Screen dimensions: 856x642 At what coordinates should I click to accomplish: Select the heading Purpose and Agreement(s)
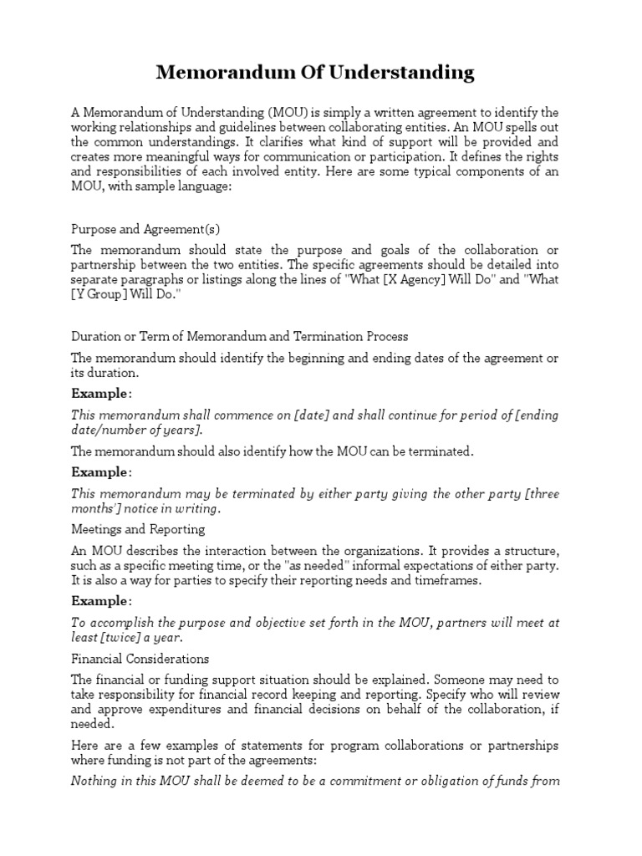[x=145, y=228]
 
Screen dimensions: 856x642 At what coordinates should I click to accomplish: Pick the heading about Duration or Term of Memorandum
[x=240, y=336]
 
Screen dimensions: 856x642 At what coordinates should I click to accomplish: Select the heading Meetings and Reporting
[x=138, y=529]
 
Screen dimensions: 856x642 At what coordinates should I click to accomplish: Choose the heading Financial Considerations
[x=140, y=659]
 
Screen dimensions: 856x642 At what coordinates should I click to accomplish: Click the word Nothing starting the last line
[x=96, y=782]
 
